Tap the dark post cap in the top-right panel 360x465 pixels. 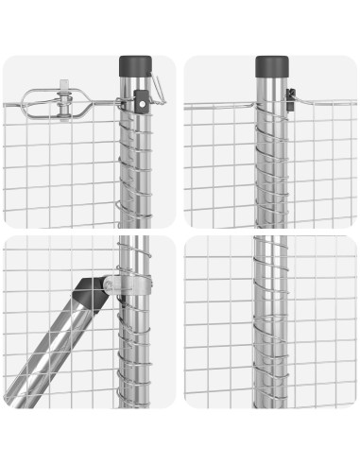[x=271, y=66]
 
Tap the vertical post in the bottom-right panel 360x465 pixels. [x=270, y=321]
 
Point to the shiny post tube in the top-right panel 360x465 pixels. [x=271, y=161]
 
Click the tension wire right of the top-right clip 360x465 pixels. [x=326, y=101]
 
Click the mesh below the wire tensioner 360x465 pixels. [x=57, y=170]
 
